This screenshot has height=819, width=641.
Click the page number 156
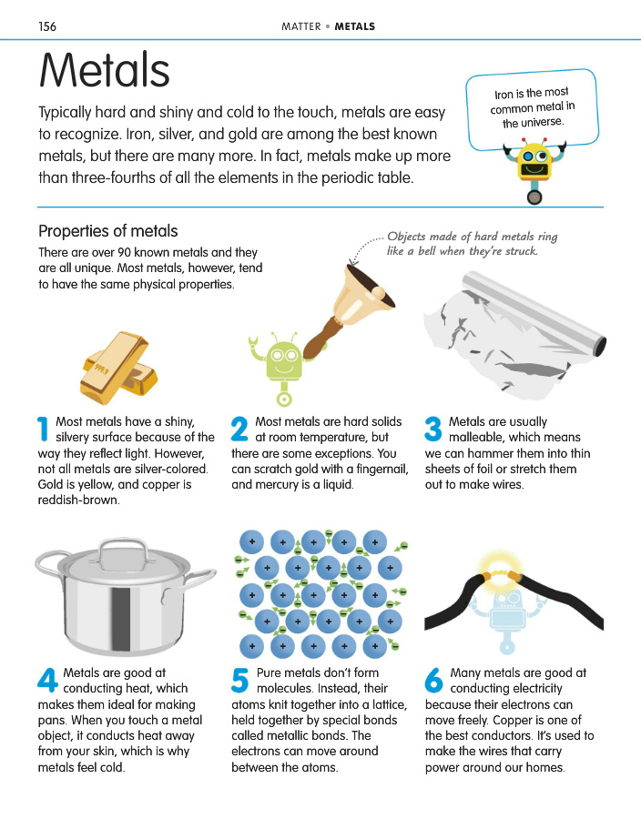(x=47, y=26)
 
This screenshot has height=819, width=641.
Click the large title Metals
(x=105, y=70)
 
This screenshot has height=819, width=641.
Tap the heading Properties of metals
(x=108, y=231)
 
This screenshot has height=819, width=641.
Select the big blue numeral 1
(x=43, y=429)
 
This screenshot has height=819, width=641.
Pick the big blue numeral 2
(x=239, y=429)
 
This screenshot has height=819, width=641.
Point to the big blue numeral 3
(x=433, y=429)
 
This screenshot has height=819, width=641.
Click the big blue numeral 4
(x=47, y=680)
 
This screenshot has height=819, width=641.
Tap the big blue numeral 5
(x=239, y=680)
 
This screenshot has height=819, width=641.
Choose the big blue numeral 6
(x=433, y=680)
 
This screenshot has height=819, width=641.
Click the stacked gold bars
(x=118, y=368)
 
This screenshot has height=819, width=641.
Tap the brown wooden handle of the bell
(x=320, y=338)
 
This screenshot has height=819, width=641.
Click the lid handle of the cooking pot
(x=124, y=549)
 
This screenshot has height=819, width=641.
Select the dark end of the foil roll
(x=600, y=347)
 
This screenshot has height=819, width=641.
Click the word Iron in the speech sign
(x=504, y=95)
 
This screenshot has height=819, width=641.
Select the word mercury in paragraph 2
(x=278, y=485)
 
